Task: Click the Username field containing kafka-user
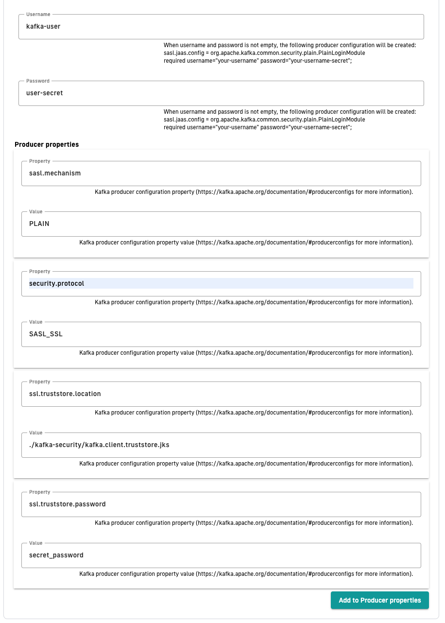click(221, 27)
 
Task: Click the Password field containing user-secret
click(221, 93)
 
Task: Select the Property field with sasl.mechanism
click(221, 173)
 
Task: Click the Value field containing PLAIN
click(221, 224)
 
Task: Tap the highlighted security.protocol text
click(57, 284)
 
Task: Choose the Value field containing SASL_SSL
click(221, 334)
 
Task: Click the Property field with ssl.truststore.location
click(221, 394)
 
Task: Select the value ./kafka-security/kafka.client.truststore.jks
click(99, 445)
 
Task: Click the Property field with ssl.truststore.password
click(221, 504)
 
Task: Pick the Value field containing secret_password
click(221, 555)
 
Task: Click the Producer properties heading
click(47, 144)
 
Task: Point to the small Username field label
click(38, 15)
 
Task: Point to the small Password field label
click(37, 81)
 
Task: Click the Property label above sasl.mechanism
click(39, 161)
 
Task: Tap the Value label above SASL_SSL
click(36, 322)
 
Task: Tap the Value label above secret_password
click(36, 543)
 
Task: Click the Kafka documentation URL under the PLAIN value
click(276, 242)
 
